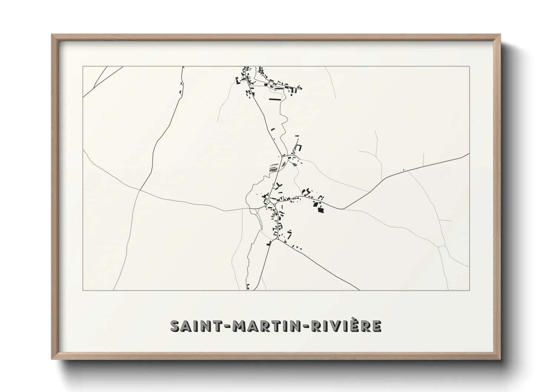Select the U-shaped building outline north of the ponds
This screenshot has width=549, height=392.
coord(298,148)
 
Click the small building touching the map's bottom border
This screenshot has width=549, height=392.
coord(247,286)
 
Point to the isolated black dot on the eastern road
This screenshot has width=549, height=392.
coord(403,170)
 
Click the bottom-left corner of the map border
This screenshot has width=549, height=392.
coord(83,290)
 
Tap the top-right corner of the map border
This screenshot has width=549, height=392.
coord(470,66)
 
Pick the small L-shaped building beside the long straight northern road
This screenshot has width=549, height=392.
coord(273,129)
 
